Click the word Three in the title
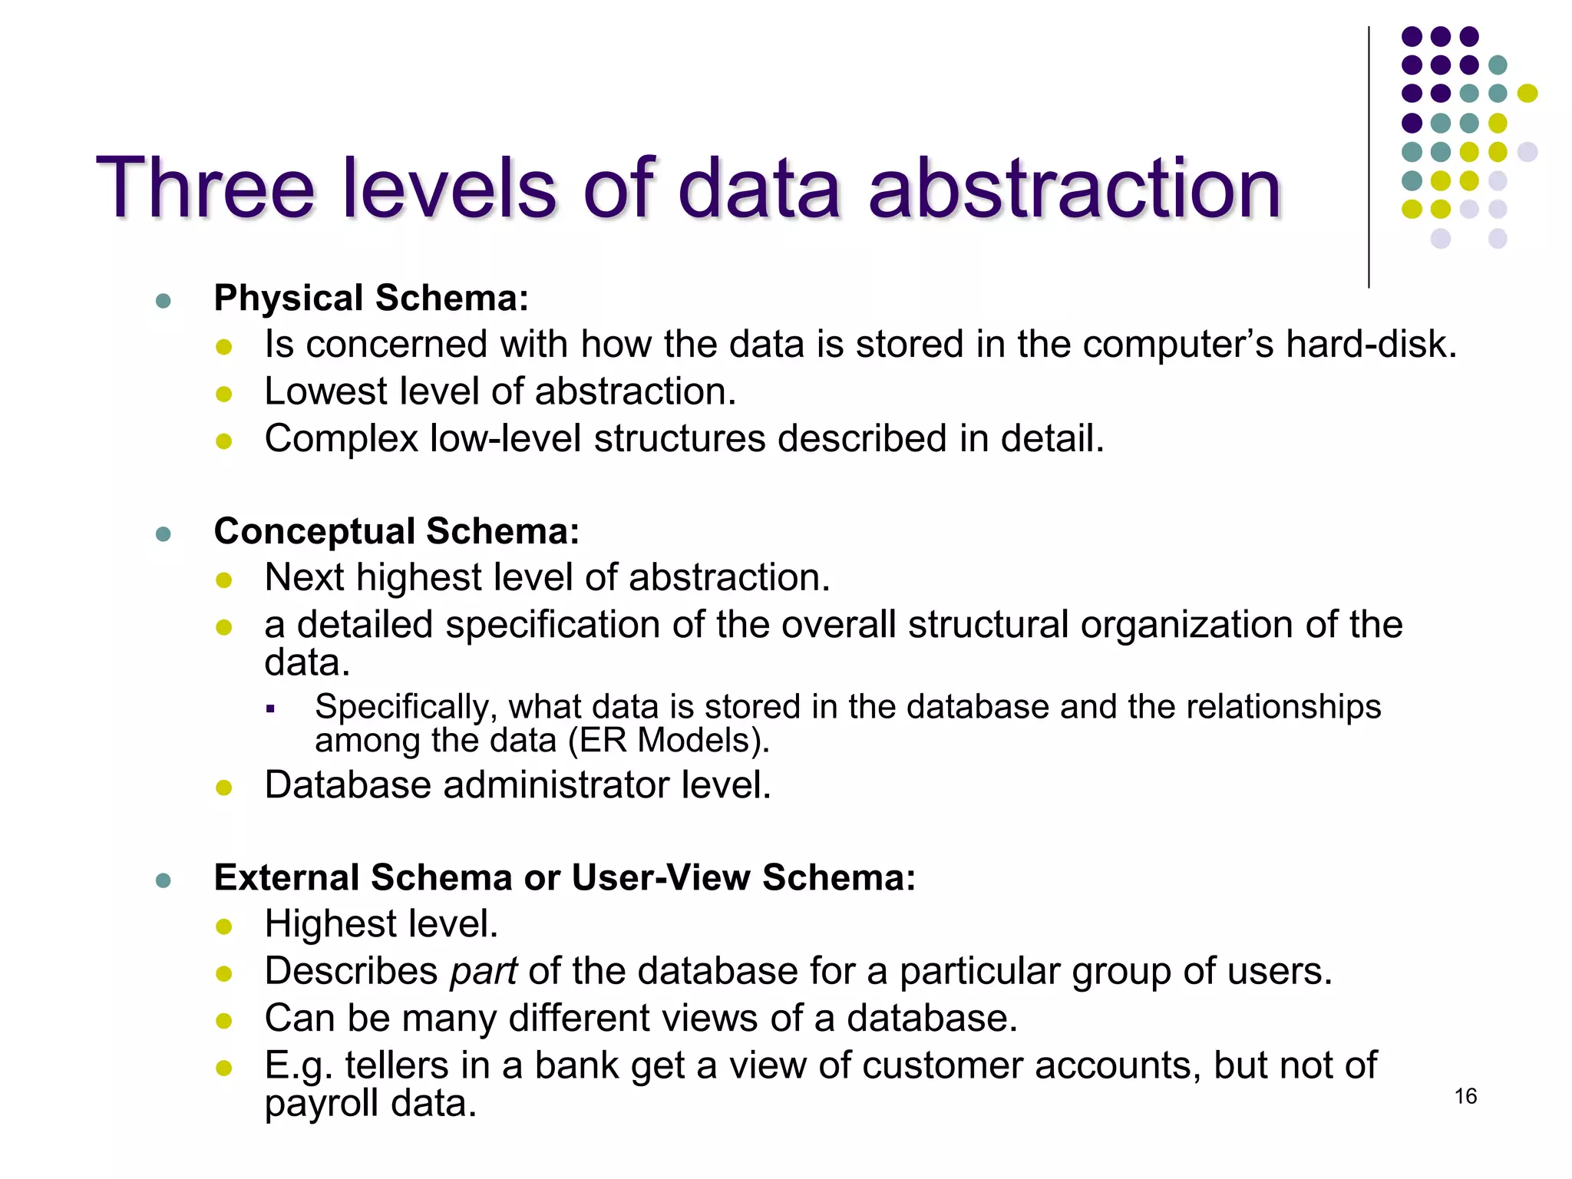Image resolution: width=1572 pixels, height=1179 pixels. pos(205,188)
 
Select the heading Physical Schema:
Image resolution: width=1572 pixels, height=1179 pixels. pos(372,298)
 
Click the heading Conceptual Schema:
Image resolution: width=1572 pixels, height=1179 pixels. pos(397,531)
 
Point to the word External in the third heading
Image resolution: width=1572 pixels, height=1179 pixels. pos(286,877)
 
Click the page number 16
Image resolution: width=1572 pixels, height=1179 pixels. pos(1465,1096)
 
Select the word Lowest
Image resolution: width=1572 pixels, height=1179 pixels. pos(325,391)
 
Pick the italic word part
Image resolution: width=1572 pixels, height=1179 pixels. pos(484,972)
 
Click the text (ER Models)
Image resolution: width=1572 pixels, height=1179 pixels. pos(669,741)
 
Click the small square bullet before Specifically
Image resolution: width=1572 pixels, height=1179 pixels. pos(270,708)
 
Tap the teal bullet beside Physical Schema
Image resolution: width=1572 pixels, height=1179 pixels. pos(163,300)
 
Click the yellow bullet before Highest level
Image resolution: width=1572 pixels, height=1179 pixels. pos(224,926)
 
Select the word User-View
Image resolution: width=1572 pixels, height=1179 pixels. pos(661,877)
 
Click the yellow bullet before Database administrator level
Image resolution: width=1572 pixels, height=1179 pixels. pos(224,788)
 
